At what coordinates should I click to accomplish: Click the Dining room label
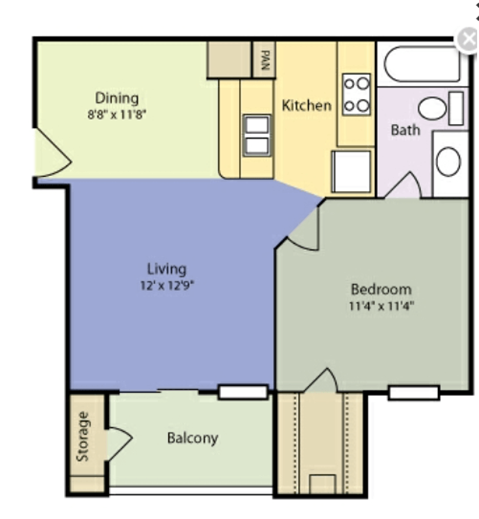point(117,97)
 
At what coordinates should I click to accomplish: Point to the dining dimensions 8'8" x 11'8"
point(117,114)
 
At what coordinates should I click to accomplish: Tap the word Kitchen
point(306,105)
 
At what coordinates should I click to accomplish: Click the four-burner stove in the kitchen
point(357,95)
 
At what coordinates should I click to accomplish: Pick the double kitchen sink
point(256,134)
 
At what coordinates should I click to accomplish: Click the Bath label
point(404,130)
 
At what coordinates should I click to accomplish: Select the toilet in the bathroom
point(438,108)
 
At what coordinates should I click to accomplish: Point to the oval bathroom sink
point(448,161)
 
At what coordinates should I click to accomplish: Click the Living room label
point(167,268)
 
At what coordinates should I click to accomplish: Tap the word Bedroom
point(375,289)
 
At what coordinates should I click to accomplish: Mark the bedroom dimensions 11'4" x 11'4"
point(375,306)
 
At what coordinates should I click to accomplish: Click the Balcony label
point(192,438)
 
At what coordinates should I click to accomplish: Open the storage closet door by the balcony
point(118,439)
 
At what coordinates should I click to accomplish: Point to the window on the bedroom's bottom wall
point(413,392)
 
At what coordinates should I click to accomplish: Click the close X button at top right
point(467,39)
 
